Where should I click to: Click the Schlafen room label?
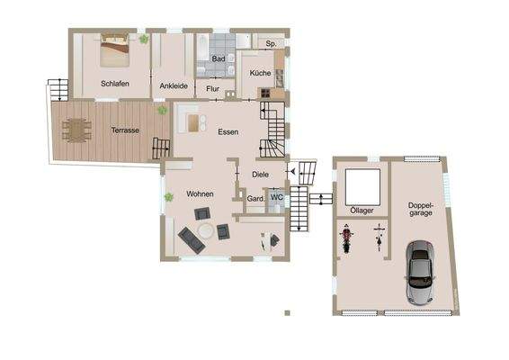(x=115, y=85)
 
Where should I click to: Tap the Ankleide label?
(x=173, y=85)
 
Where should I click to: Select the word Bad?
(x=218, y=58)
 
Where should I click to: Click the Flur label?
(x=213, y=89)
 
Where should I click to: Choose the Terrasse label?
(x=124, y=130)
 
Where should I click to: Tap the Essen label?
(x=228, y=131)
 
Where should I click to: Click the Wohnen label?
(x=200, y=194)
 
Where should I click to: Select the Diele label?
(x=261, y=175)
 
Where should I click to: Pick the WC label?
(x=276, y=198)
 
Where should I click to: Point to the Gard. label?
(x=254, y=199)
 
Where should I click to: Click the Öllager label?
(x=363, y=211)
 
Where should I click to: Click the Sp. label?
(x=270, y=42)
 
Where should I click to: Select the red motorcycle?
(x=345, y=239)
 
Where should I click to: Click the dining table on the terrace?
(x=77, y=130)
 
